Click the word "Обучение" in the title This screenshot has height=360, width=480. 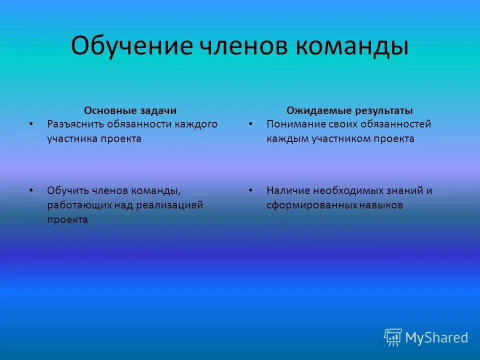[x=131, y=46]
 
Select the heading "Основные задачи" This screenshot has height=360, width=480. [x=130, y=110]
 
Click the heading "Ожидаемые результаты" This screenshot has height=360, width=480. [x=349, y=110]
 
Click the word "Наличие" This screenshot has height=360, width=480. [x=285, y=190]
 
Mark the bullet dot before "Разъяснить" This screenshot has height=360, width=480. [x=31, y=123]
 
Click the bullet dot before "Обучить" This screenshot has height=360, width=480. [x=31, y=190]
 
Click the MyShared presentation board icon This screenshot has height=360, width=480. [x=392, y=337]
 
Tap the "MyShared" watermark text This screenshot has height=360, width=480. [x=436, y=338]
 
